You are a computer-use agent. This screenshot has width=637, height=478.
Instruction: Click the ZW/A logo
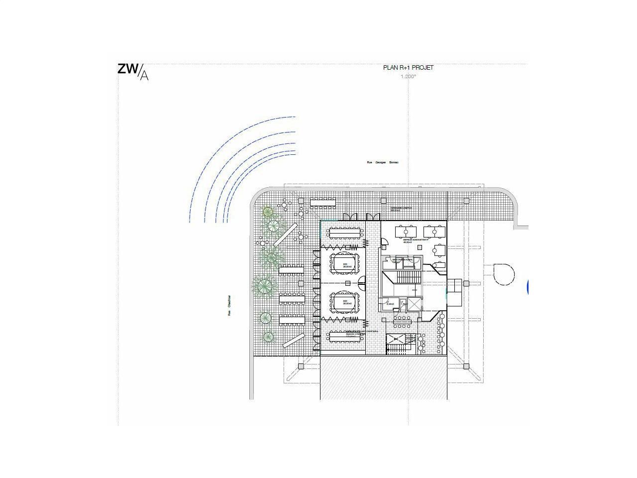click(x=132, y=71)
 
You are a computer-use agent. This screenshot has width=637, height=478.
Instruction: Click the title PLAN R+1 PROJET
click(x=408, y=68)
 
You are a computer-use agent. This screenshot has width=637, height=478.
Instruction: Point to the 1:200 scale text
click(x=408, y=77)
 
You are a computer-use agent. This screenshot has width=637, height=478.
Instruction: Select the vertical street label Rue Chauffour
click(x=229, y=306)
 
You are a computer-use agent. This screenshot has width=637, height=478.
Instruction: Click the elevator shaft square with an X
click(x=413, y=305)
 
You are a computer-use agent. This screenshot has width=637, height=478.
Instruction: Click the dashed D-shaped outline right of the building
click(x=503, y=274)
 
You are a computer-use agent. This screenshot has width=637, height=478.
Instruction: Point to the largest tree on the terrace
click(x=264, y=285)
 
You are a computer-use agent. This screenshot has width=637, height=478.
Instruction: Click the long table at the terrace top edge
click(x=324, y=202)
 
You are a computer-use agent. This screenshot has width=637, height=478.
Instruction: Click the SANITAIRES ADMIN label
click(x=402, y=260)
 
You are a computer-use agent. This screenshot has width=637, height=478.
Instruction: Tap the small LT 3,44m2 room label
click(x=390, y=303)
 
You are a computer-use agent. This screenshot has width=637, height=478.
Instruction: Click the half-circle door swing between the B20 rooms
click(x=362, y=283)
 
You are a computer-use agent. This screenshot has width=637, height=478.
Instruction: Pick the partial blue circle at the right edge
click(x=527, y=286)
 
